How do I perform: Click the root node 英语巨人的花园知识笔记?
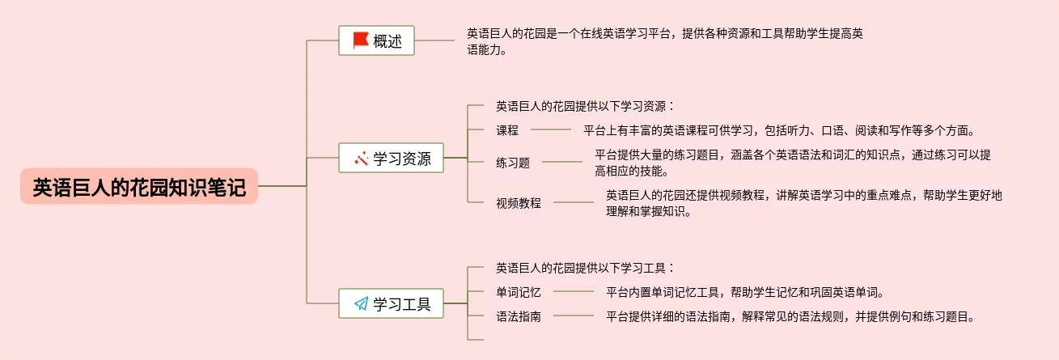tap(139, 186)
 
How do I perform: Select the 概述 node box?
tap(376, 40)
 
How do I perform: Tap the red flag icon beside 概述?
tap(360, 40)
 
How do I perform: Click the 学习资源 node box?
tap(392, 158)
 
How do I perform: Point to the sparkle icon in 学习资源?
tap(361, 159)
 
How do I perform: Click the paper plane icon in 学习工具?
tap(361, 304)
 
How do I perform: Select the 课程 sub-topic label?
tap(507, 129)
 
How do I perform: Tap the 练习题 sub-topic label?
tap(513, 162)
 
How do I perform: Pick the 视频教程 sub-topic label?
tap(519, 202)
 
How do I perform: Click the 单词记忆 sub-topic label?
tap(519, 291)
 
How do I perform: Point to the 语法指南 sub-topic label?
tap(519, 316)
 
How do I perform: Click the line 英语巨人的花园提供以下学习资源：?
tap(585, 105)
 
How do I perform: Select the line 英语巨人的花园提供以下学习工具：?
tap(585, 267)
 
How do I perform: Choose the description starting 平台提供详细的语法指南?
tap(790, 316)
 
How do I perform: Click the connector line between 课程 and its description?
tap(550, 129)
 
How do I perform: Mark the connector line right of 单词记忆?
tap(573, 291)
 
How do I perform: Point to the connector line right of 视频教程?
tap(573, 202)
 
